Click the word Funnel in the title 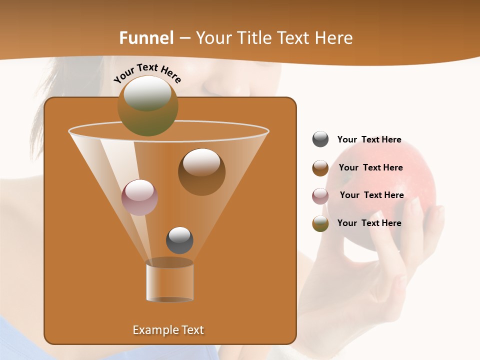(146, 37)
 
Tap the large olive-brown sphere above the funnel (147, 105)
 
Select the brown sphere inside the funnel (201, 171)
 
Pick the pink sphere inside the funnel (139, 197)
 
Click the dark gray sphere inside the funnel (179, 240)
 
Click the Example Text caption (168, 330)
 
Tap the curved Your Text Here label (147, 73)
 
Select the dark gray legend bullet (320, 139)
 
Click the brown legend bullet (320, 167)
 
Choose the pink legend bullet (320, 195)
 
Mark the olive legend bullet (320, 223)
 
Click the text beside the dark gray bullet (369, 139)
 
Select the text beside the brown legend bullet (370, 167)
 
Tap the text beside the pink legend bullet (371, 195)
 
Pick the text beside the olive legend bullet (369, 223)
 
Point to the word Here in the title (334, 37)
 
